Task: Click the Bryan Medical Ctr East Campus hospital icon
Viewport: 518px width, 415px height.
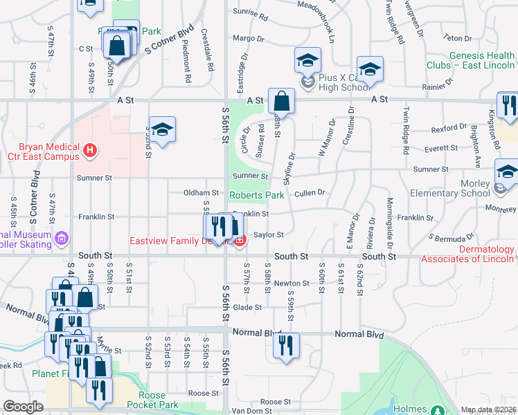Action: [x=89, y=149]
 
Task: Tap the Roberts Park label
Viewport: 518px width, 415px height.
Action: [x=256, y=196]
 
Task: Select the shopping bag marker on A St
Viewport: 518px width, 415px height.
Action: [x=282, y=102]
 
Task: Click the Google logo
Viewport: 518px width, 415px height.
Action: [x=24, y=407]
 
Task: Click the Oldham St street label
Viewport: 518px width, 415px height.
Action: [x=201, y=192]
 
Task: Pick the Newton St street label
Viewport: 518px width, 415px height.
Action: [x=291, y=284]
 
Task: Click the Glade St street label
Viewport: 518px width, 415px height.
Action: [x=247, y=307]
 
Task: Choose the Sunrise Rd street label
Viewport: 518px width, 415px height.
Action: [x=251, y=12]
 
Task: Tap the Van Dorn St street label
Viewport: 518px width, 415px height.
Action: [x=249, y=411]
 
